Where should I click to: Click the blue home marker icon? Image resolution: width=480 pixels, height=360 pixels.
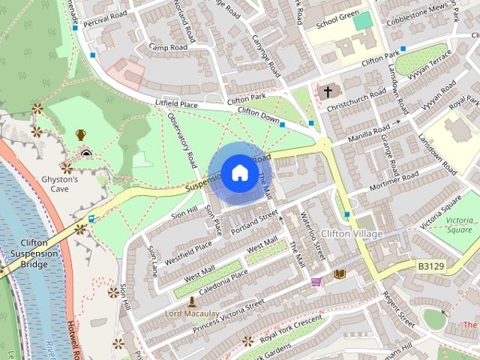coord(239,173)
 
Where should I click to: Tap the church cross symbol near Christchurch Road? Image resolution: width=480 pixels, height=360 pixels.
coord(326,91)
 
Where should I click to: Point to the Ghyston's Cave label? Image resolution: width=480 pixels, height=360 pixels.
coord(60,184)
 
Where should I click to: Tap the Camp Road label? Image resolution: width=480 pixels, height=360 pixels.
coord(167,47)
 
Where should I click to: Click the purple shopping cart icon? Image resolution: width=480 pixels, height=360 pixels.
coord(316,283)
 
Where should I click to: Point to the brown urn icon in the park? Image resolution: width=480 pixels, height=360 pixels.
coord(80,135)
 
